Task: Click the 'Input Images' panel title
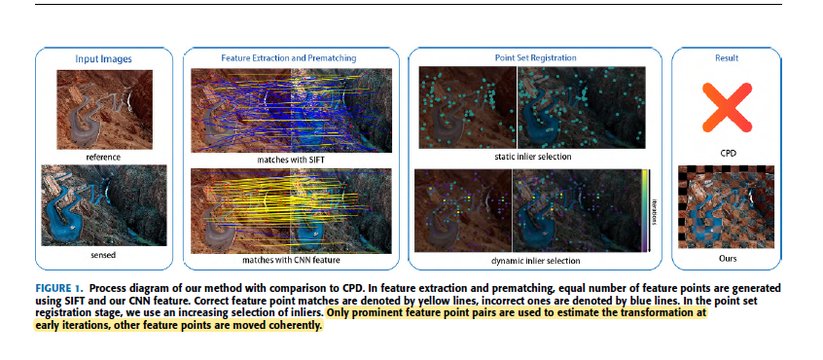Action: pos(103,59)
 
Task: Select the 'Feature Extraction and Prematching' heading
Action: pos(289,59)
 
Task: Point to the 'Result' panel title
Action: pos(725,59)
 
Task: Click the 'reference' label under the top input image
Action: pos(103,157)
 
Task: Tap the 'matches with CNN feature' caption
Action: pos(289,260)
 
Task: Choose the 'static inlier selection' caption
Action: pos(532,156)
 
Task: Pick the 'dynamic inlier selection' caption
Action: pos(532,261)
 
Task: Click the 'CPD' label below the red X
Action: pos(725,154)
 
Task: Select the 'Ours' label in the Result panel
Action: pos(725,259)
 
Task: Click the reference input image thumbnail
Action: pos(103,109)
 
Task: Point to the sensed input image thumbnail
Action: pos(103,203)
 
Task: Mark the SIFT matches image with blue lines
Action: pos(289,109)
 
